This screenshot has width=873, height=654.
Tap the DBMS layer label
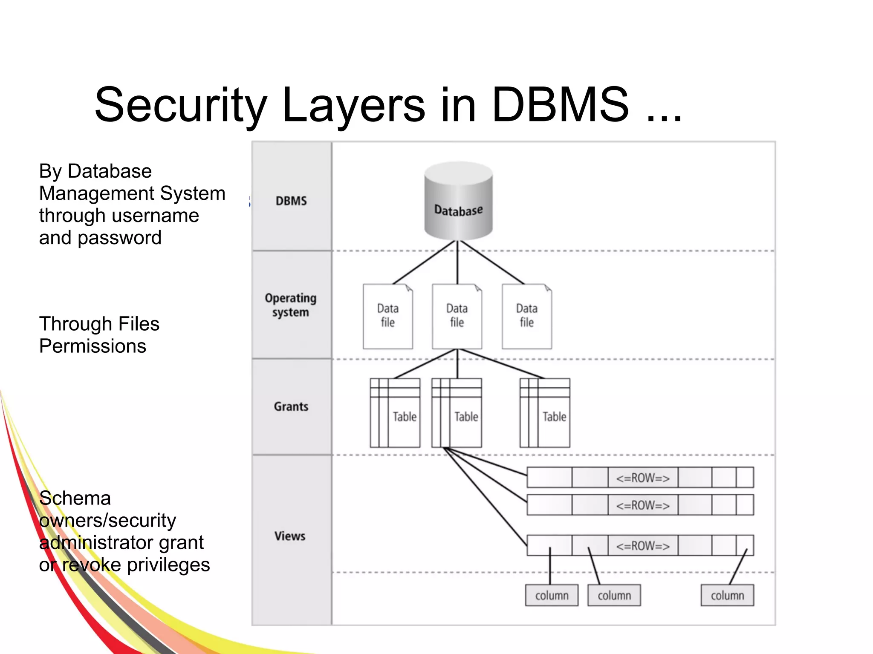pos(291,201)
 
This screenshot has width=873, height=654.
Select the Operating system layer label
pos(291,305)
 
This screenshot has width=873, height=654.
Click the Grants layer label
pos(291,406)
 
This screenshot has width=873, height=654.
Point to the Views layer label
pos(290,536)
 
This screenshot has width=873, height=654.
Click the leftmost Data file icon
pos(387,316)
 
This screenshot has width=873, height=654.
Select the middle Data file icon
pos(457,316)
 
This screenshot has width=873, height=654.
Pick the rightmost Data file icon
pos(527,316)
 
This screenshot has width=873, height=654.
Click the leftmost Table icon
pos(395,412)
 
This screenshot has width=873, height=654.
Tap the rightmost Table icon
pos(545,412)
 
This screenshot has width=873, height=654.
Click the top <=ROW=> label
pos(643,478)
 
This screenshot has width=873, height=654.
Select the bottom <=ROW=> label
pos(643,546)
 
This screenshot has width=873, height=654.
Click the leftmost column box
pos(552,595)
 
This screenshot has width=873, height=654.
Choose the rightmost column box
pos(727,595)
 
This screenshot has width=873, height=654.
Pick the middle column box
pos(614,595)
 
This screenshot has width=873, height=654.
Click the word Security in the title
pos(181,105)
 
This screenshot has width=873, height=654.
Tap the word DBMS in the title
pos(560,105)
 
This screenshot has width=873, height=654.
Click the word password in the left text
pos(119,238)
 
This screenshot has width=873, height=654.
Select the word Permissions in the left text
pos(93,346)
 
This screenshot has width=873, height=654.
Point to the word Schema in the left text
pos(75,498)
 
